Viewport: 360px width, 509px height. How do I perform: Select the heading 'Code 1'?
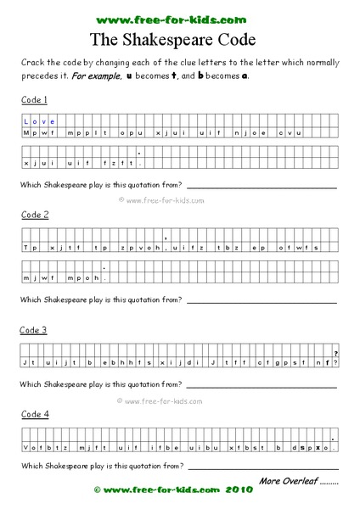point(35,99)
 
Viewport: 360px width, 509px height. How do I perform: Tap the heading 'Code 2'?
point(35,215)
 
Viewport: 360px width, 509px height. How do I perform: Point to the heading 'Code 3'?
point(35,329)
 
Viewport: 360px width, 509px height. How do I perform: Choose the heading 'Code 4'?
point(35,414)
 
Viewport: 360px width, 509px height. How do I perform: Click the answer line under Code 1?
point(262,187)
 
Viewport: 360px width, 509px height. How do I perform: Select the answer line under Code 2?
point(262,301)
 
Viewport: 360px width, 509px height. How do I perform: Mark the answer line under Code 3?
point(262,386)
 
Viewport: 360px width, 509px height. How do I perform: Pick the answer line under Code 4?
point(262,467)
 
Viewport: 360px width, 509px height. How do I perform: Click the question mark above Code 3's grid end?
point(336,353)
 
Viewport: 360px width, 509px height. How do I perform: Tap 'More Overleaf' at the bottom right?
point(299,481)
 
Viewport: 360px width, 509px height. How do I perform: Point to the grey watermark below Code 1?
point(161,200)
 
